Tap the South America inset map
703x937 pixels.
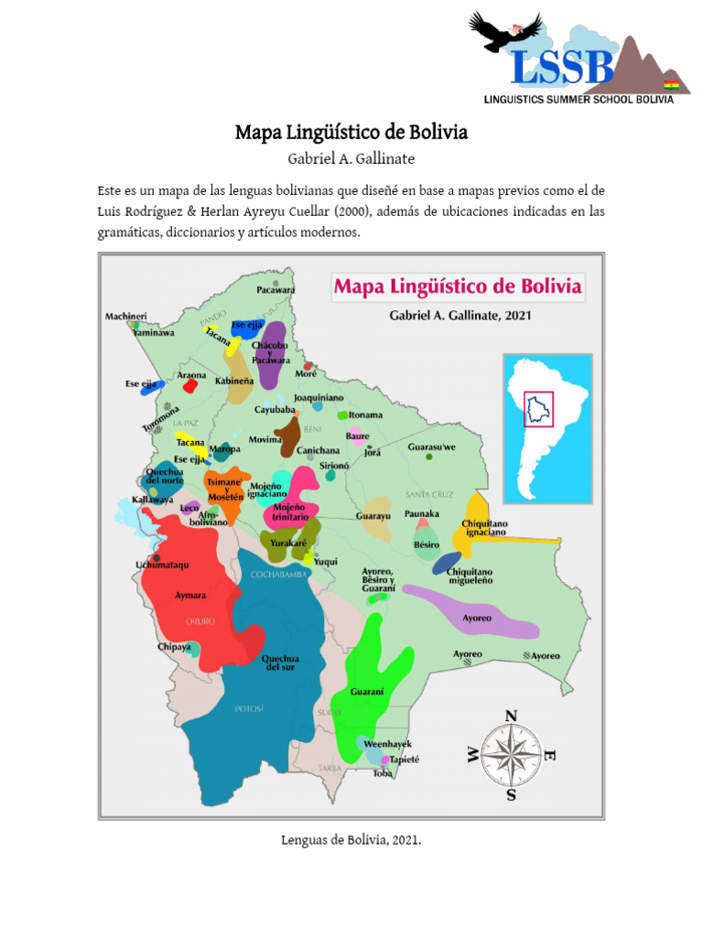pyautogui.click(x=547, y=428)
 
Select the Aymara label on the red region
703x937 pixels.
pyautogui.click(x=191, y=595)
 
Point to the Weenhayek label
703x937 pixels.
pyautogui.click(x=388, y=744)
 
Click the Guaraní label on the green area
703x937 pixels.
pyautogui.click(x=366, y=691)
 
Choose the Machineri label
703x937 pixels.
pyautogui.click(x=126, y=316)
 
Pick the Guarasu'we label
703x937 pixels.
pyautogui.click(x=430, y=447)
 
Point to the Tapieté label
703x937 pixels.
pyautogui.click(x=406, y=759)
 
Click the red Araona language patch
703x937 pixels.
pyautogui.click(x=190, y=386)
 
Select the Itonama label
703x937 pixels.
pyautogui.click(x=365, y=415)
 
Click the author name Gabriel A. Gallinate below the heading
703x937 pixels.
pyautogui.click(x=351, y=159)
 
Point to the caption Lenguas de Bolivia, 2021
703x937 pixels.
pyautogui.click(x=351, y=840)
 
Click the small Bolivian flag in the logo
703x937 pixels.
pyautogui.click(x=671, y=83)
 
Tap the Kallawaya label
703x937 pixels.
pyautogui.click(x=152, y=500)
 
